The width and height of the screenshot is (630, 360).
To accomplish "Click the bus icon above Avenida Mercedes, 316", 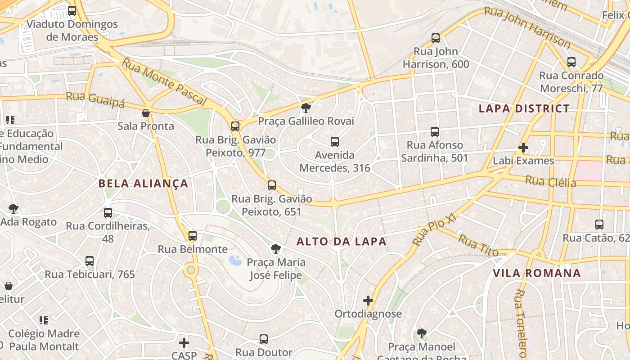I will coord(335,142).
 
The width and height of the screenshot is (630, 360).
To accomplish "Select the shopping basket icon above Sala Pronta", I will coord(145,112).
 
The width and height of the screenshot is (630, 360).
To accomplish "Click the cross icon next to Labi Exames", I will coord(523,147).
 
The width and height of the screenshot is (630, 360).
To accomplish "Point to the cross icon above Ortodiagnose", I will coord(368,300).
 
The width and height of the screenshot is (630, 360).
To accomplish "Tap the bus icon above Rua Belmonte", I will coord(193,235).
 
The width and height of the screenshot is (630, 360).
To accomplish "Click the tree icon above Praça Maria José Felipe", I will coord(275,249).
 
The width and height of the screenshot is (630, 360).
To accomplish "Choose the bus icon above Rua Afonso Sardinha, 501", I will coord(434,132).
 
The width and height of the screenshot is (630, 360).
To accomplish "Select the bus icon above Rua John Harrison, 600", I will coord(435,38).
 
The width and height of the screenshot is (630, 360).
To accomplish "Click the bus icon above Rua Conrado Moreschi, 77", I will coord(571,62).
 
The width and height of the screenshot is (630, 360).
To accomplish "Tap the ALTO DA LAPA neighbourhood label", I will coord(341,242).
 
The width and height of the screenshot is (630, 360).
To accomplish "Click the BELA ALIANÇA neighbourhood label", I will coord(143,184).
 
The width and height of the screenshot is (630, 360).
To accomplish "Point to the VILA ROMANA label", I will coord(536,273).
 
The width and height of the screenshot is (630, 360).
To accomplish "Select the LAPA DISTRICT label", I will coord(524,108).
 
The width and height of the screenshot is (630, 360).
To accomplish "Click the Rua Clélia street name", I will coord(550,181).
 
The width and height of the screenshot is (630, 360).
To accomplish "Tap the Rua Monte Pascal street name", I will coord(164,82).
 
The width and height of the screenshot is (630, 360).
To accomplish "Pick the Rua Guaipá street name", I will coord(95,99).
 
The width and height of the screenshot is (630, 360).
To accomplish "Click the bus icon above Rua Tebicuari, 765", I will coord(90,261).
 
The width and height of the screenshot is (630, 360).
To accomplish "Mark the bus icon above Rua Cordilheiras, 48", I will coord(108,213).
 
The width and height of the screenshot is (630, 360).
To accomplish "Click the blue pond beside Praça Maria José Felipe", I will coord(235,260).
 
